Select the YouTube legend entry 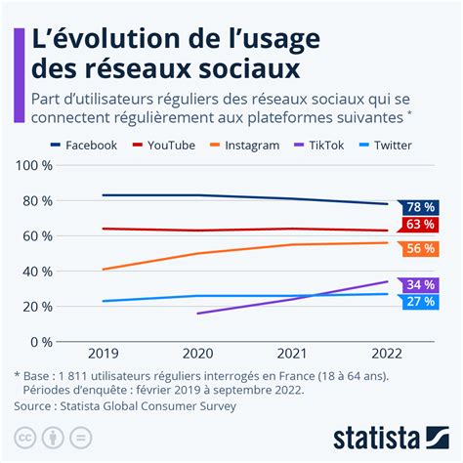(x=171, y=145)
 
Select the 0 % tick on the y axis (x=38, y=342)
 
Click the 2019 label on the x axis (x=103, y=356)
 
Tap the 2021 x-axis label (x=293, y=356)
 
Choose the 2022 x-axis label (x=388, y=356)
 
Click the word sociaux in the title (x=234, y=68)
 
